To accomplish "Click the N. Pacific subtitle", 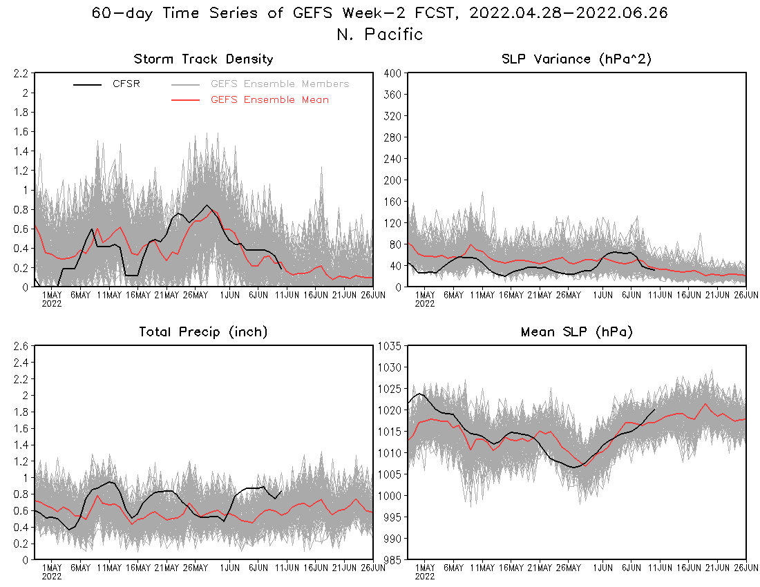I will [x=379, y=35].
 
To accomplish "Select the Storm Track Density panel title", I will [x=203, y=59].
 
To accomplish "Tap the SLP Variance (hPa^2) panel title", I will [x=576, y=59].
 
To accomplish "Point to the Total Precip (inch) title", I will [x=203, y=332].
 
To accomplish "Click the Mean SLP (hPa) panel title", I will [x=576, y=332].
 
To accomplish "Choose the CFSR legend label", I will [x=126, y=84].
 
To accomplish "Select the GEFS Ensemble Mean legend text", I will [x=269, y=100].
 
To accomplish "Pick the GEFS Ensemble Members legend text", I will [x=280, y=84].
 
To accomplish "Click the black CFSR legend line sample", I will [x=88, y=84].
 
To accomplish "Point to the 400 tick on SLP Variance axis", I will [x=393, y=73].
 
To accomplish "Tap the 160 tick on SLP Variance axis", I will [x=393, y=202].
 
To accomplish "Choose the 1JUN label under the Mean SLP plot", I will [x=603, y=568].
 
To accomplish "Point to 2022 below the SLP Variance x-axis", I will [x=425, y=303].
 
